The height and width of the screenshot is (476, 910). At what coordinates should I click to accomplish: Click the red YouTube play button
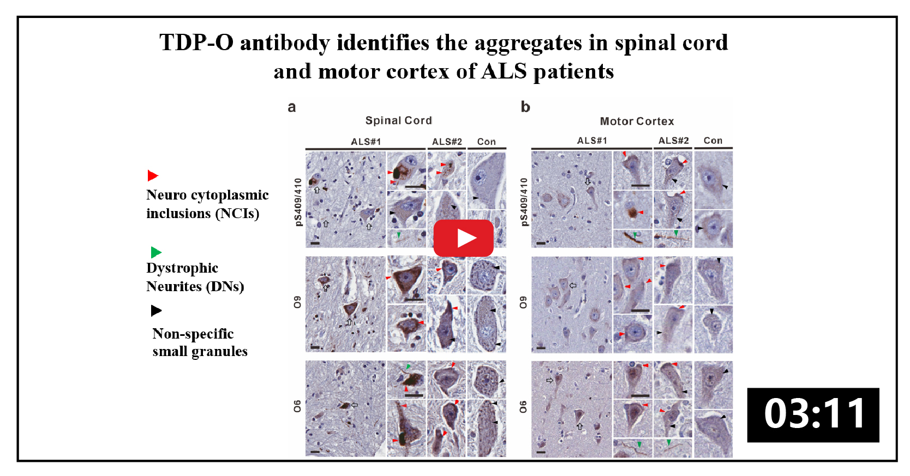coord(464,238)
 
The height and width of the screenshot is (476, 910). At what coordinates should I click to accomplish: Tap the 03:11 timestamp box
coord(813,415)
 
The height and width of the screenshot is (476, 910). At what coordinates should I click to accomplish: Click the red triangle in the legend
coord(152,176)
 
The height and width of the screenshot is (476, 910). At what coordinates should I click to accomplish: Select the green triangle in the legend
coord(156,252)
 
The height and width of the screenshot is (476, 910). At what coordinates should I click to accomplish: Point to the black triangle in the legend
coord(156,311)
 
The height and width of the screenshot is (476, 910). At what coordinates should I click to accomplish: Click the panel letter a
coord(292,107)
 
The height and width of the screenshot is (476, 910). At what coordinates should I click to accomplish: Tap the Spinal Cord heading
coord(398,120)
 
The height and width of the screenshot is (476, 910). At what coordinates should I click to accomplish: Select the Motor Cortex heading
coord(637,121)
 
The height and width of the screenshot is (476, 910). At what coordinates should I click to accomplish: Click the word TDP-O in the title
coord(196,42)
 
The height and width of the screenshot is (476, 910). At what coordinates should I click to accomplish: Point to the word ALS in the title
coord(504,71)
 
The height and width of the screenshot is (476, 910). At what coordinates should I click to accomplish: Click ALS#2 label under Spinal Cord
coord(447,142)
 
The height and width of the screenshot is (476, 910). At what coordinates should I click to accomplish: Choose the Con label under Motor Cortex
coord(713,141)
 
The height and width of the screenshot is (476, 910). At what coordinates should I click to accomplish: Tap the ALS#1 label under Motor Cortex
coord(592,141)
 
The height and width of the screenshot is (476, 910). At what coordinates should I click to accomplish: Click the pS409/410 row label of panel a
coord(298,202)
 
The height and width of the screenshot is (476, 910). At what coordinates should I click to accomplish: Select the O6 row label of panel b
coord(523,407)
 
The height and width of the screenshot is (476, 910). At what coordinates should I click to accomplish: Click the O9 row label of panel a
coord(297,302)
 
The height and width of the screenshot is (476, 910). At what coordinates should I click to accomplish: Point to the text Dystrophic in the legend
coord(182,268)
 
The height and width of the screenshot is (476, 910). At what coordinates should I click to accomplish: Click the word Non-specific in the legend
coord(193,334)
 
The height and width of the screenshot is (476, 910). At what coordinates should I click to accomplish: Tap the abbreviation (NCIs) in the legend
coord(238,214)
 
